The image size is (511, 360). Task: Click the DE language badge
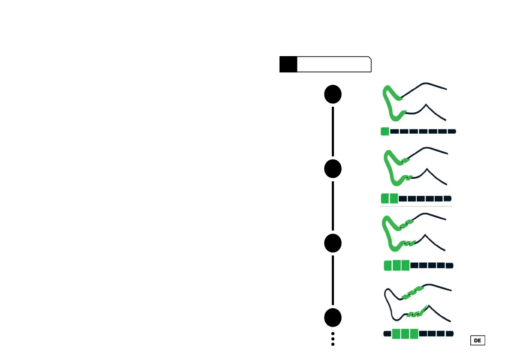pyautogui.click(x=478, y=340)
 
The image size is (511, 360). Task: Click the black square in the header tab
pyautogui.click(x=288, y=64)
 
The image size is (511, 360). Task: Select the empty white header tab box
pyautogui.click(x=334, y=64)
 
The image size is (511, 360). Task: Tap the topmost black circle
pyautogui.click(x=333, y=94)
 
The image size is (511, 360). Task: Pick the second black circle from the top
pyautogui.click(x=333, y=169)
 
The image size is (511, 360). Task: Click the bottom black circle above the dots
pyautogui.click(x=333, y=318)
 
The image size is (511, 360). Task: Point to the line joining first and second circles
pyautogui.click(x=333, y=132)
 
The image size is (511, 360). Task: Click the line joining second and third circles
pyautogui.click(x=333, y=206)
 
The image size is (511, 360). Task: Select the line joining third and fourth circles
pyautogui.click(x=333, y=280)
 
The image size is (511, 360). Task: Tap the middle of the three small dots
pyautogui.click(x=333, y=339)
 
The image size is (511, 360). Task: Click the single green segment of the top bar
pyautogui.click(x=385, y=132)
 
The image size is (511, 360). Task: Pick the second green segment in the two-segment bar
pyautogui.click(x=394, y=198)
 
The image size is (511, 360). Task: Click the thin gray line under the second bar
pyautogui.click(x=416, y=207)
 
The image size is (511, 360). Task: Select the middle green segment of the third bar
pyautogui.click(x=397, y=266)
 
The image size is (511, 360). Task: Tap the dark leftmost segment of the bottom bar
pyautogui.click(x=387, y=333)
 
